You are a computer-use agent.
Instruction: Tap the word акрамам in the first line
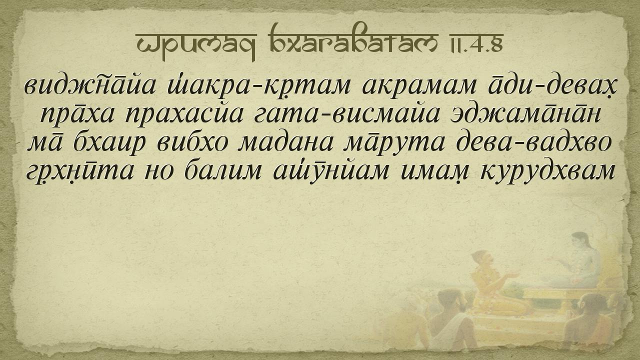[x=419, y=85]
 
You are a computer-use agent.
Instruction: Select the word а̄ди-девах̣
[x=553, y=85]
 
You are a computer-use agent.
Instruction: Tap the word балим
[x=223, y=170]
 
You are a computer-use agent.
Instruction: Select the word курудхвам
[x=547, y=171]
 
